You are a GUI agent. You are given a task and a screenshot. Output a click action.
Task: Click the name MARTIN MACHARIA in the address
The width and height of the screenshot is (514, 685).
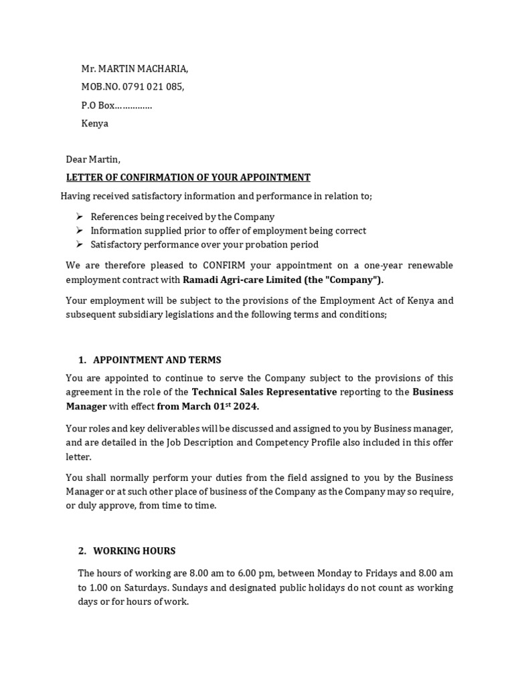[143, 68]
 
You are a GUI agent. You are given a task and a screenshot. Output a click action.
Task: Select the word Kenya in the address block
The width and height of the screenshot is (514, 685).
[94, 124]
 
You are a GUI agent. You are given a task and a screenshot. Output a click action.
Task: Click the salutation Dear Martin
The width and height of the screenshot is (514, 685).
[93, 159]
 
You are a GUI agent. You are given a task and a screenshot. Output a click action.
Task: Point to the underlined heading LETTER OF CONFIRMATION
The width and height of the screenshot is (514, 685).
[188, 177]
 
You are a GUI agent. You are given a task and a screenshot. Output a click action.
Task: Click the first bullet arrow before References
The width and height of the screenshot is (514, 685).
[80, 217]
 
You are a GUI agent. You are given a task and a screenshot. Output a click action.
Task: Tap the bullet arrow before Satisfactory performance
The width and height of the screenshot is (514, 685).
[80, 244]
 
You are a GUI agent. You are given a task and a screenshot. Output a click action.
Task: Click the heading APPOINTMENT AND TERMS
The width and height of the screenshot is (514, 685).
[157, 360]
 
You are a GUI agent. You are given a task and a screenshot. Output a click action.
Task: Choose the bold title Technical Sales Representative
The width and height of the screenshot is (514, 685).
[264, 392]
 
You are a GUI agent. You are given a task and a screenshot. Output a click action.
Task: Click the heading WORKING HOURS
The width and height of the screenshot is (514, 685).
[135, 551]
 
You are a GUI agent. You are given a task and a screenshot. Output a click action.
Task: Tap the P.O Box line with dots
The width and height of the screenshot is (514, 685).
[116, 105]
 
